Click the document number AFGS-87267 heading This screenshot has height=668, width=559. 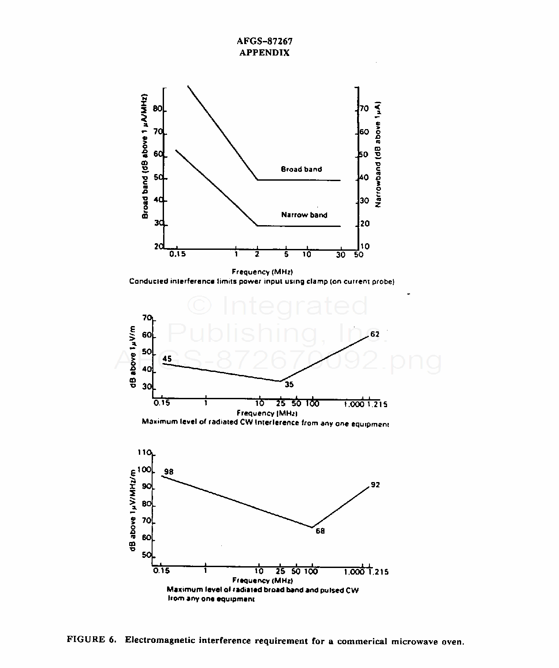265,41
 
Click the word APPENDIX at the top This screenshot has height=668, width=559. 265,53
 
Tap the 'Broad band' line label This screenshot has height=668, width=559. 301,169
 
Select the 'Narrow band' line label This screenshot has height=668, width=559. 304,215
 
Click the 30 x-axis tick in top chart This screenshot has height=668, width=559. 341,255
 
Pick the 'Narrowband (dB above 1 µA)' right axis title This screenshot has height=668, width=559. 378,155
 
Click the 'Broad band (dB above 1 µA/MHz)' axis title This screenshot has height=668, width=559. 145,156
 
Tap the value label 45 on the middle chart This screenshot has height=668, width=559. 167,359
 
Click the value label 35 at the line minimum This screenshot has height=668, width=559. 289,385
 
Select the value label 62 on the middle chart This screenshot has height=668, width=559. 375,334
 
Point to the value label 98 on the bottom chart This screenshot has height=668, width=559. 168,472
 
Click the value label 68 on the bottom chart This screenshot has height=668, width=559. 320,531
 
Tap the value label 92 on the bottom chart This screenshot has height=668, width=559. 375,485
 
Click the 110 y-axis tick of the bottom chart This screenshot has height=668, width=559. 144,453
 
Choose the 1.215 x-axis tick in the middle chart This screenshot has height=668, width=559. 377,404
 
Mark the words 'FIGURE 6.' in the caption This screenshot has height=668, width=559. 92,640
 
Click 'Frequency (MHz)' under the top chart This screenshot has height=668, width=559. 262,272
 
